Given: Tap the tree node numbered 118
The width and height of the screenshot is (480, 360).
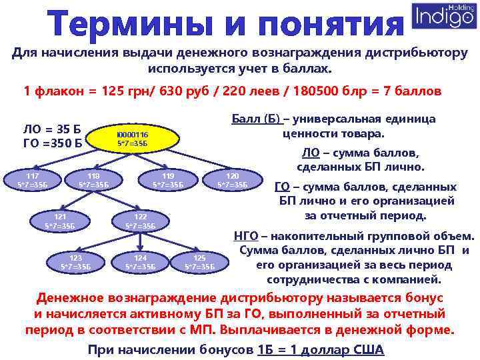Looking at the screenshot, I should pyautogui.click(x=93, y=180).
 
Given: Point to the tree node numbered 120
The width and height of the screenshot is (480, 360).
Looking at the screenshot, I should pyautogui.click(x=233, y=180).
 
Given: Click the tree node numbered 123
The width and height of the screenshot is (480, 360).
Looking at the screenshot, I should pyautogui.click(x=75, y=262).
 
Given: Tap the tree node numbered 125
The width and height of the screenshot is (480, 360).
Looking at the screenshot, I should pyautogui.click(x=199, y=262).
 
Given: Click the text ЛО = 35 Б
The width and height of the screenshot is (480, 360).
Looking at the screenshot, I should pyautogui.click(x=51, y=129).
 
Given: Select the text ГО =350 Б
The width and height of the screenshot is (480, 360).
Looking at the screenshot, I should pyautogui.click(x=51, y=142).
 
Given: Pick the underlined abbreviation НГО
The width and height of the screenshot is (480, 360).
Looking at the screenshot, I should pyautogui.click(x=247, y=236).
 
